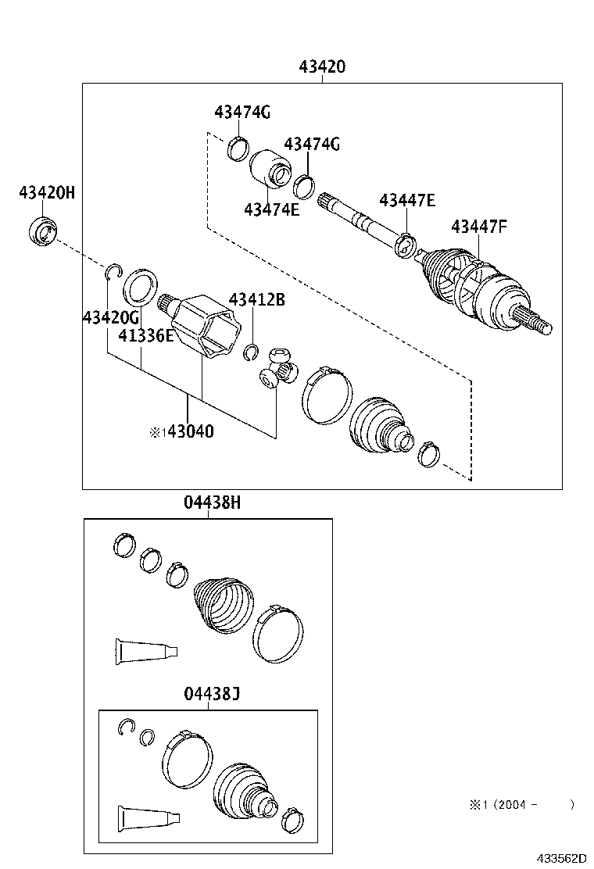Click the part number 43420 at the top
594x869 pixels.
tap(321, 67)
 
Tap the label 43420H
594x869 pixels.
tap(47, 191)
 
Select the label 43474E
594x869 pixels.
tap(271, 209)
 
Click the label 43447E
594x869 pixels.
tap(407, 200)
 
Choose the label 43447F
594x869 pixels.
tap(479, 227)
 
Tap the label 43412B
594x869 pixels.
tap(256, 299)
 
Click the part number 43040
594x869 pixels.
tap(187, 431)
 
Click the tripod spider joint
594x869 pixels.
tap(278, 369)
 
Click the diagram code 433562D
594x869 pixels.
tap(560, 857)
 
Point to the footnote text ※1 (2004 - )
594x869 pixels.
tap(521, 804)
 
